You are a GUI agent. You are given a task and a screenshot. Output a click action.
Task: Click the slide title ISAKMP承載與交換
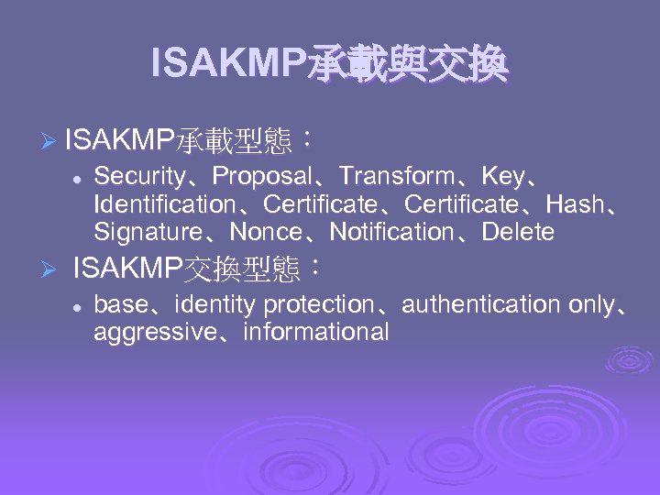tap(329, 64)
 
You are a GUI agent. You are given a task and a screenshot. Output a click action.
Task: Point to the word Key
tap(502, 176)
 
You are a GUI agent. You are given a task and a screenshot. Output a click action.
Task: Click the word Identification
tap(164, 203)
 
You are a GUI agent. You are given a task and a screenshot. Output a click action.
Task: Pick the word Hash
tap(575, 203)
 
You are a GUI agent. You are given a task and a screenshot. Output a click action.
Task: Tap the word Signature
tap(148, 232)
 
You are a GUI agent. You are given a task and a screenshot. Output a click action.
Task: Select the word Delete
tap(518, 232)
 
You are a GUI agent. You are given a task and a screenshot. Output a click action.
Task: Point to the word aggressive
tap(149, 332)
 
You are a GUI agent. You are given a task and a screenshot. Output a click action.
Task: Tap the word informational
tap(316, 332)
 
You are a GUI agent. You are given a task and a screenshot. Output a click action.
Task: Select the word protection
tap(318, 303)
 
